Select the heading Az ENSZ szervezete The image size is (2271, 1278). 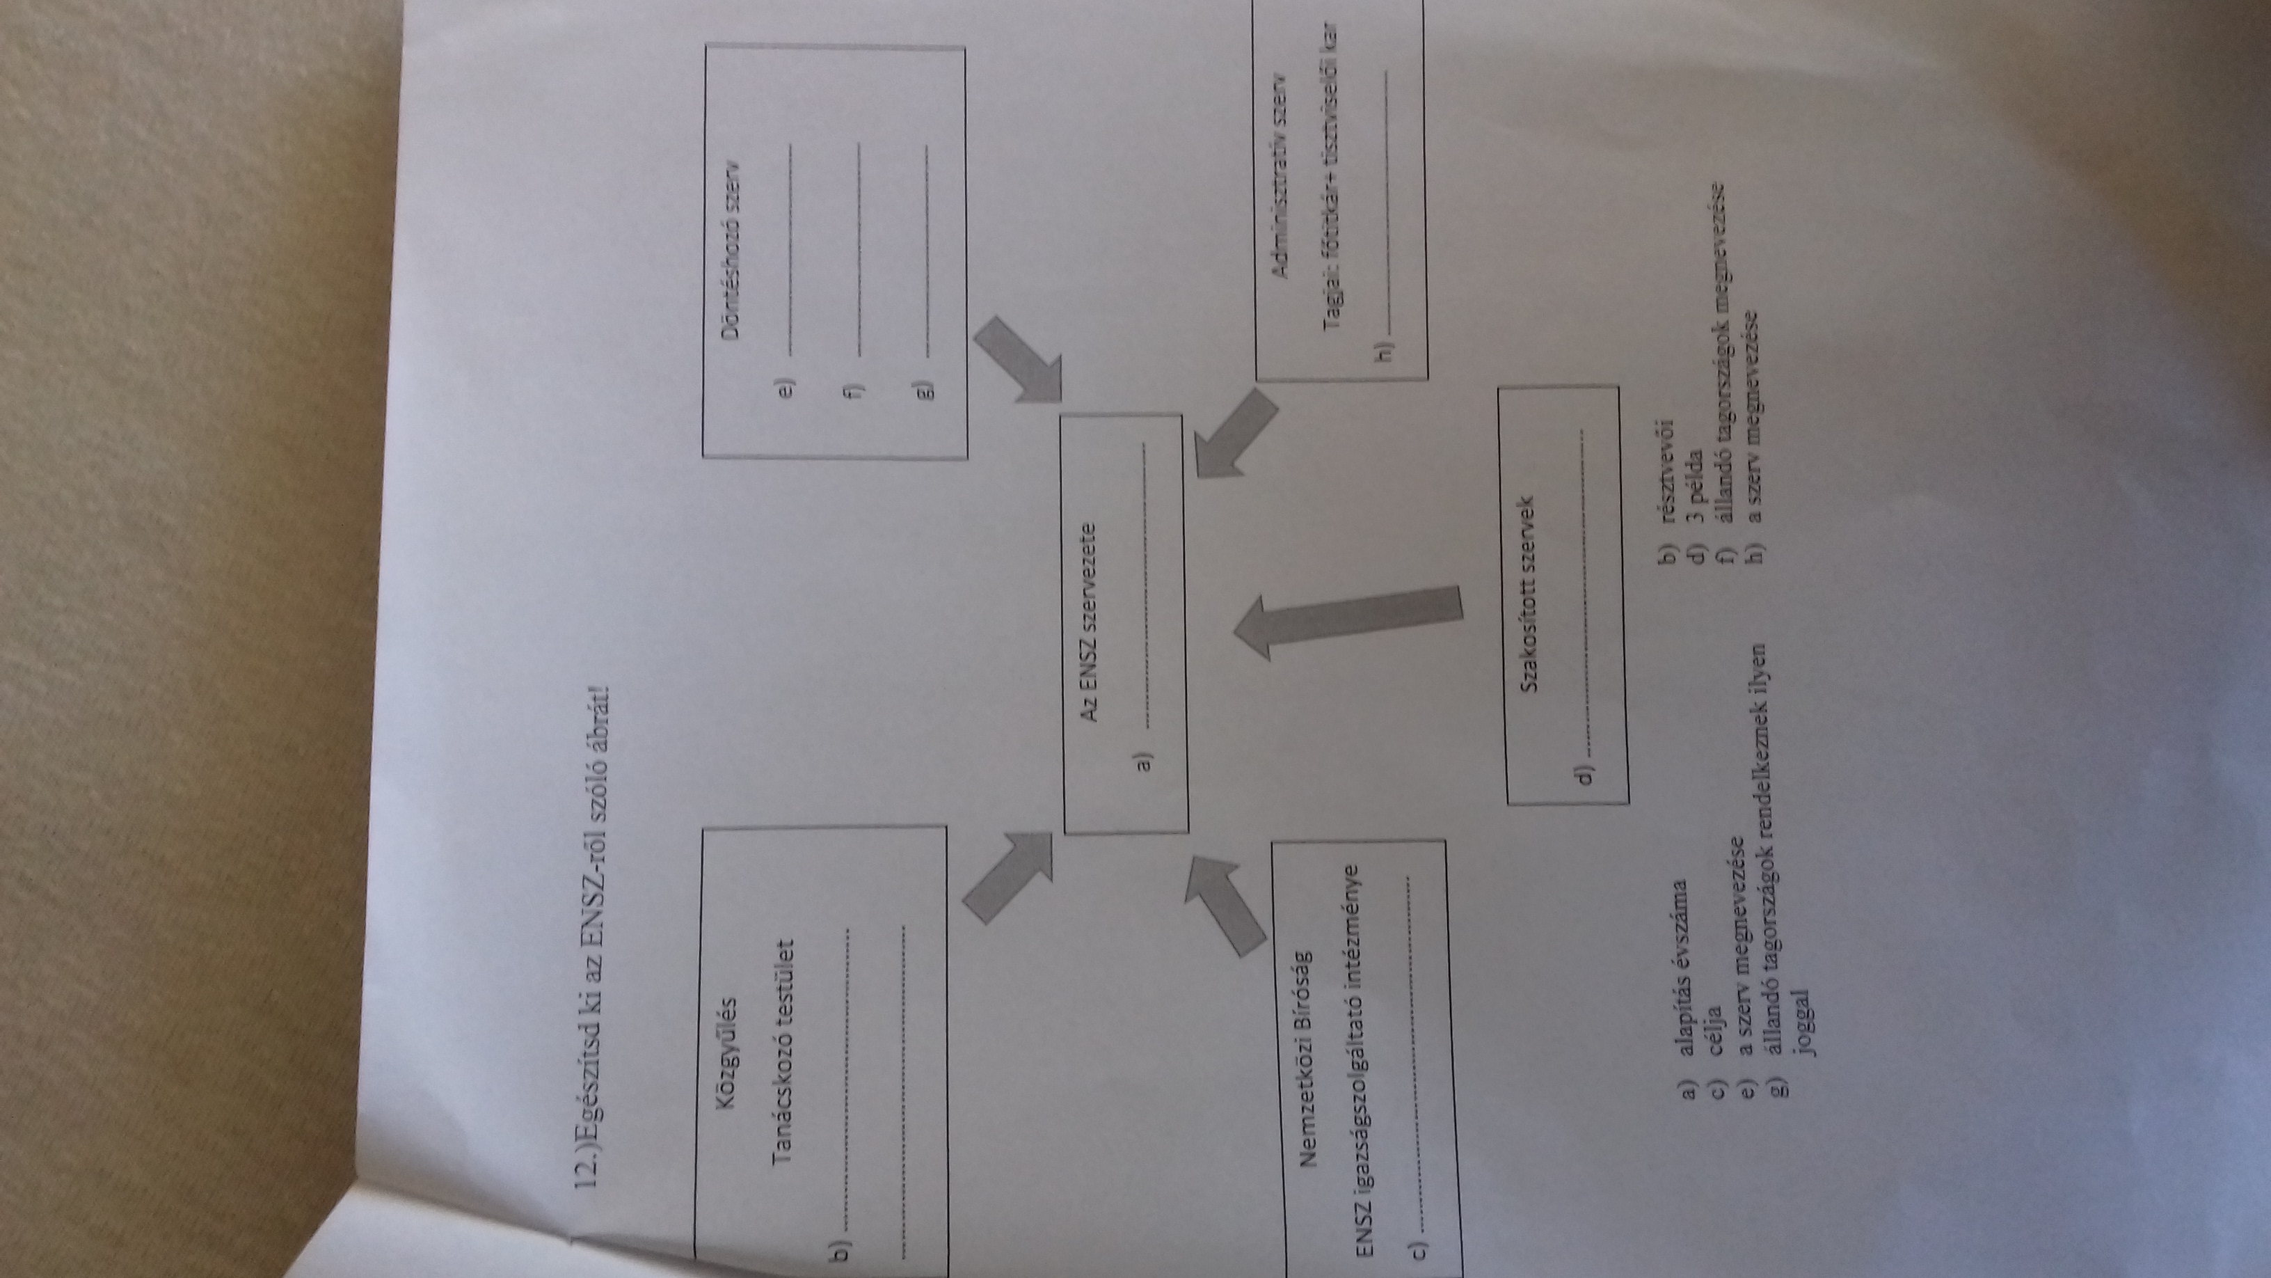coord(1090,638)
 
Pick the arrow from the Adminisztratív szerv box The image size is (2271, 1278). coord(1234,434)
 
